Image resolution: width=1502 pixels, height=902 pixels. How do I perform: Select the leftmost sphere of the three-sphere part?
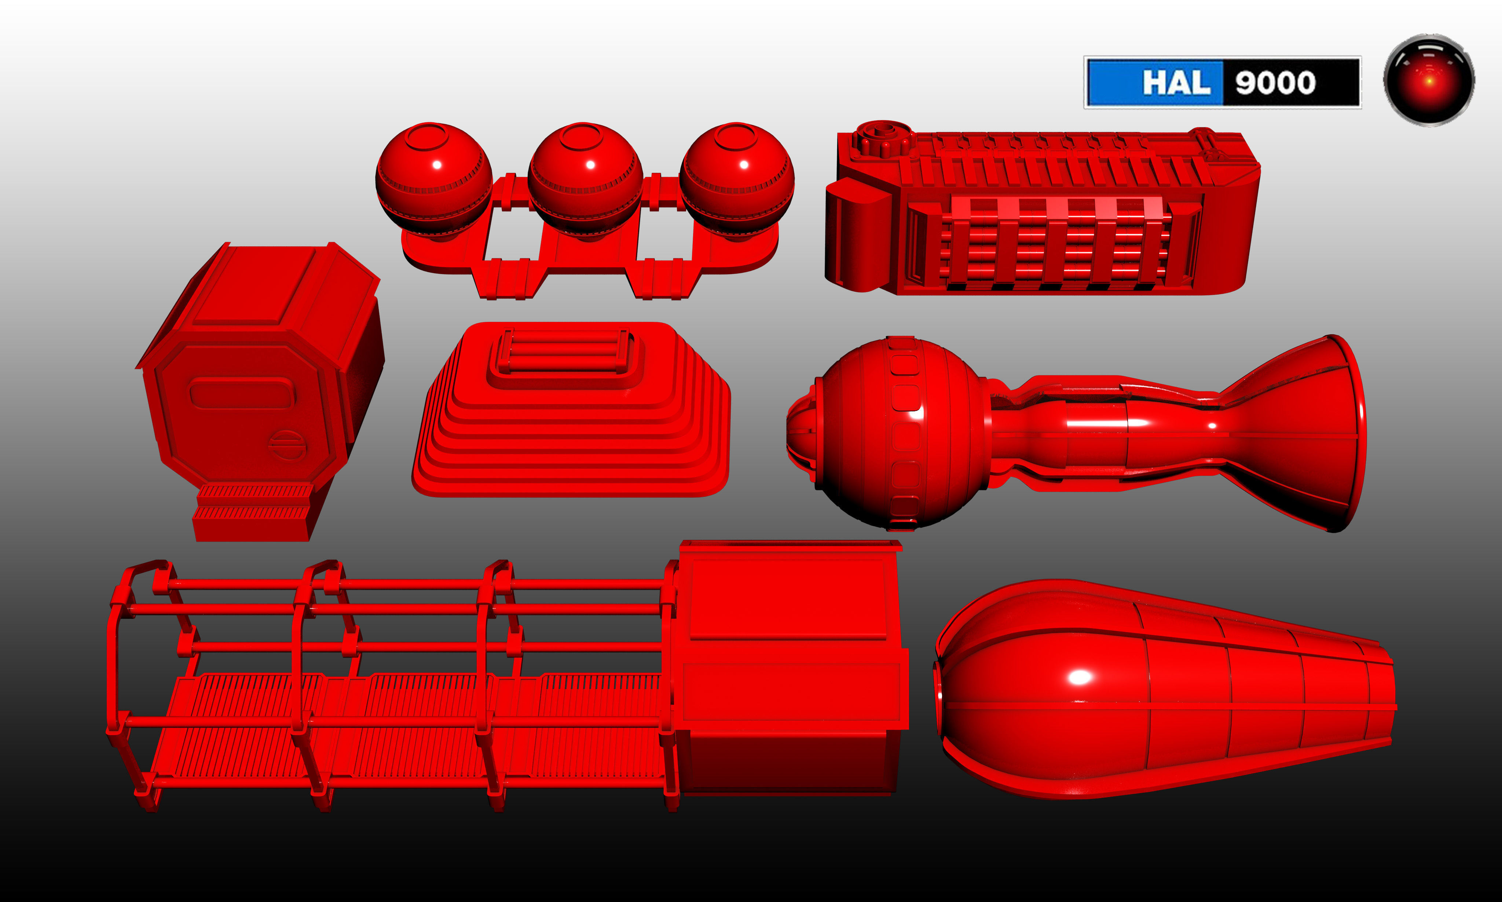pos(434,179)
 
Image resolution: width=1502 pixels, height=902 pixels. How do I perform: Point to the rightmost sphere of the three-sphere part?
pos(737,179)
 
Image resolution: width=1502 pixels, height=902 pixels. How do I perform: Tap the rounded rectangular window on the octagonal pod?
pos(242,393)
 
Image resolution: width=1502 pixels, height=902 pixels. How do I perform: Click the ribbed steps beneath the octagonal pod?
pos(252,505)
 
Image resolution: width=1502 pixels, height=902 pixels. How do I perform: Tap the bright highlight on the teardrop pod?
pos(1079,677)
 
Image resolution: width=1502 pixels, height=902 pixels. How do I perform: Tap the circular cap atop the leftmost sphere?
pos(428,136)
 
